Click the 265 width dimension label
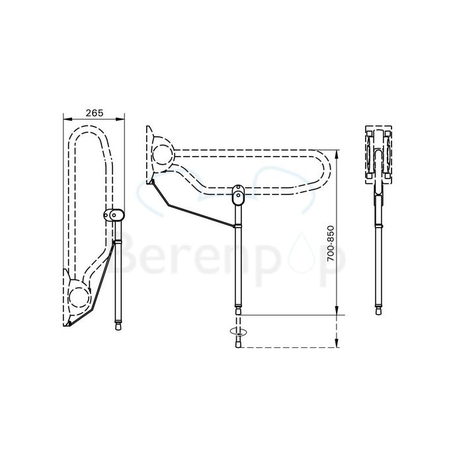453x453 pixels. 95,113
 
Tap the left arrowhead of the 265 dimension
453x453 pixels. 65,120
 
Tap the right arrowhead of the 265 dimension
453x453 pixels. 122,120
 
